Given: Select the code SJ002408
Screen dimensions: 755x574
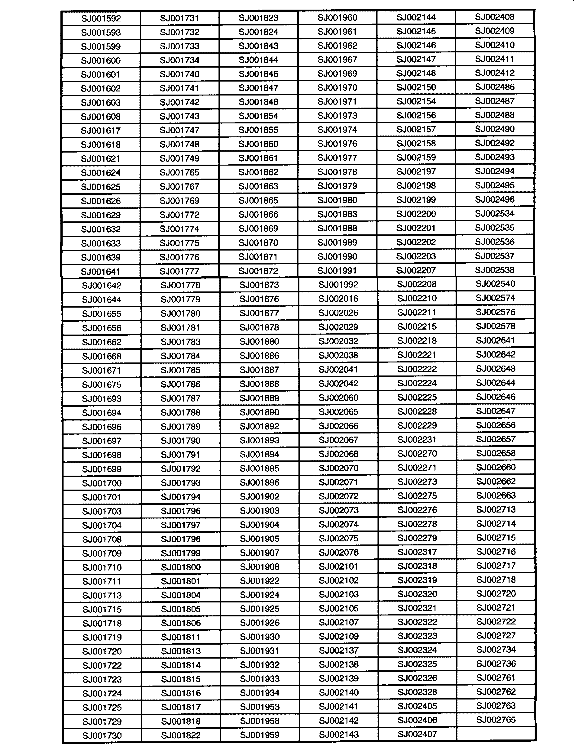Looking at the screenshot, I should pyautogui.click(x=495, y=17).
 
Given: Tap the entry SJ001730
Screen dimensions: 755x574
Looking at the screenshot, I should pyautogui.click(x=102, y=735).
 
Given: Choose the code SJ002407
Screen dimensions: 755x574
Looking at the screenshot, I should pyautogui.click(x=417, y=734).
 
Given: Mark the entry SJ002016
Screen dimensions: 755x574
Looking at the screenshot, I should pyautogui.click(x=338, y=299).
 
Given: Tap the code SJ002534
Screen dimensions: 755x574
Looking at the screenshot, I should pyautogui.click(x=495, y=214).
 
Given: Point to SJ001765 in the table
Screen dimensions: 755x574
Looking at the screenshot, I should pyautogui.click(x=179, y=172).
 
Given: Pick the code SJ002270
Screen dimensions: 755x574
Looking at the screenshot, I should pyautogui.click(x=417, y=454).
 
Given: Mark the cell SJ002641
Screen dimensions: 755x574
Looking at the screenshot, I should pyautogui.click(x=495, y=340).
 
